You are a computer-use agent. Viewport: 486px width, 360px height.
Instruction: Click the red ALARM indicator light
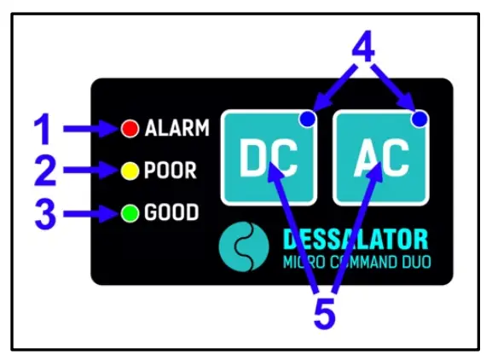(130, 129)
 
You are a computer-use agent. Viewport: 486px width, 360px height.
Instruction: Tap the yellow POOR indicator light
(130, 171)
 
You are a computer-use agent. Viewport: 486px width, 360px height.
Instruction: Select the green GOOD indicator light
(130, 212)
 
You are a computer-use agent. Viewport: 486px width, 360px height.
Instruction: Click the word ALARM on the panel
(176, 129)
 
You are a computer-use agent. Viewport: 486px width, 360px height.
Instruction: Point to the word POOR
(171, 171)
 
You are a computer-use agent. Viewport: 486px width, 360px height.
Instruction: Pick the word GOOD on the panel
(171, 212)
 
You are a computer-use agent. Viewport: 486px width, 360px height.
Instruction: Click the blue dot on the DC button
(307, 121)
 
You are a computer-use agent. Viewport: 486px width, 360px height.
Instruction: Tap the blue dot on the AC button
(419, 121)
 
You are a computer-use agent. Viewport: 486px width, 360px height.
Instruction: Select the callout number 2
(43, 171)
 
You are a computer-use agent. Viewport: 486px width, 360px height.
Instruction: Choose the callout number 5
(324, 314)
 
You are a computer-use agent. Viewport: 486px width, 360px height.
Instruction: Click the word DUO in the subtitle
(410, 261)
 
